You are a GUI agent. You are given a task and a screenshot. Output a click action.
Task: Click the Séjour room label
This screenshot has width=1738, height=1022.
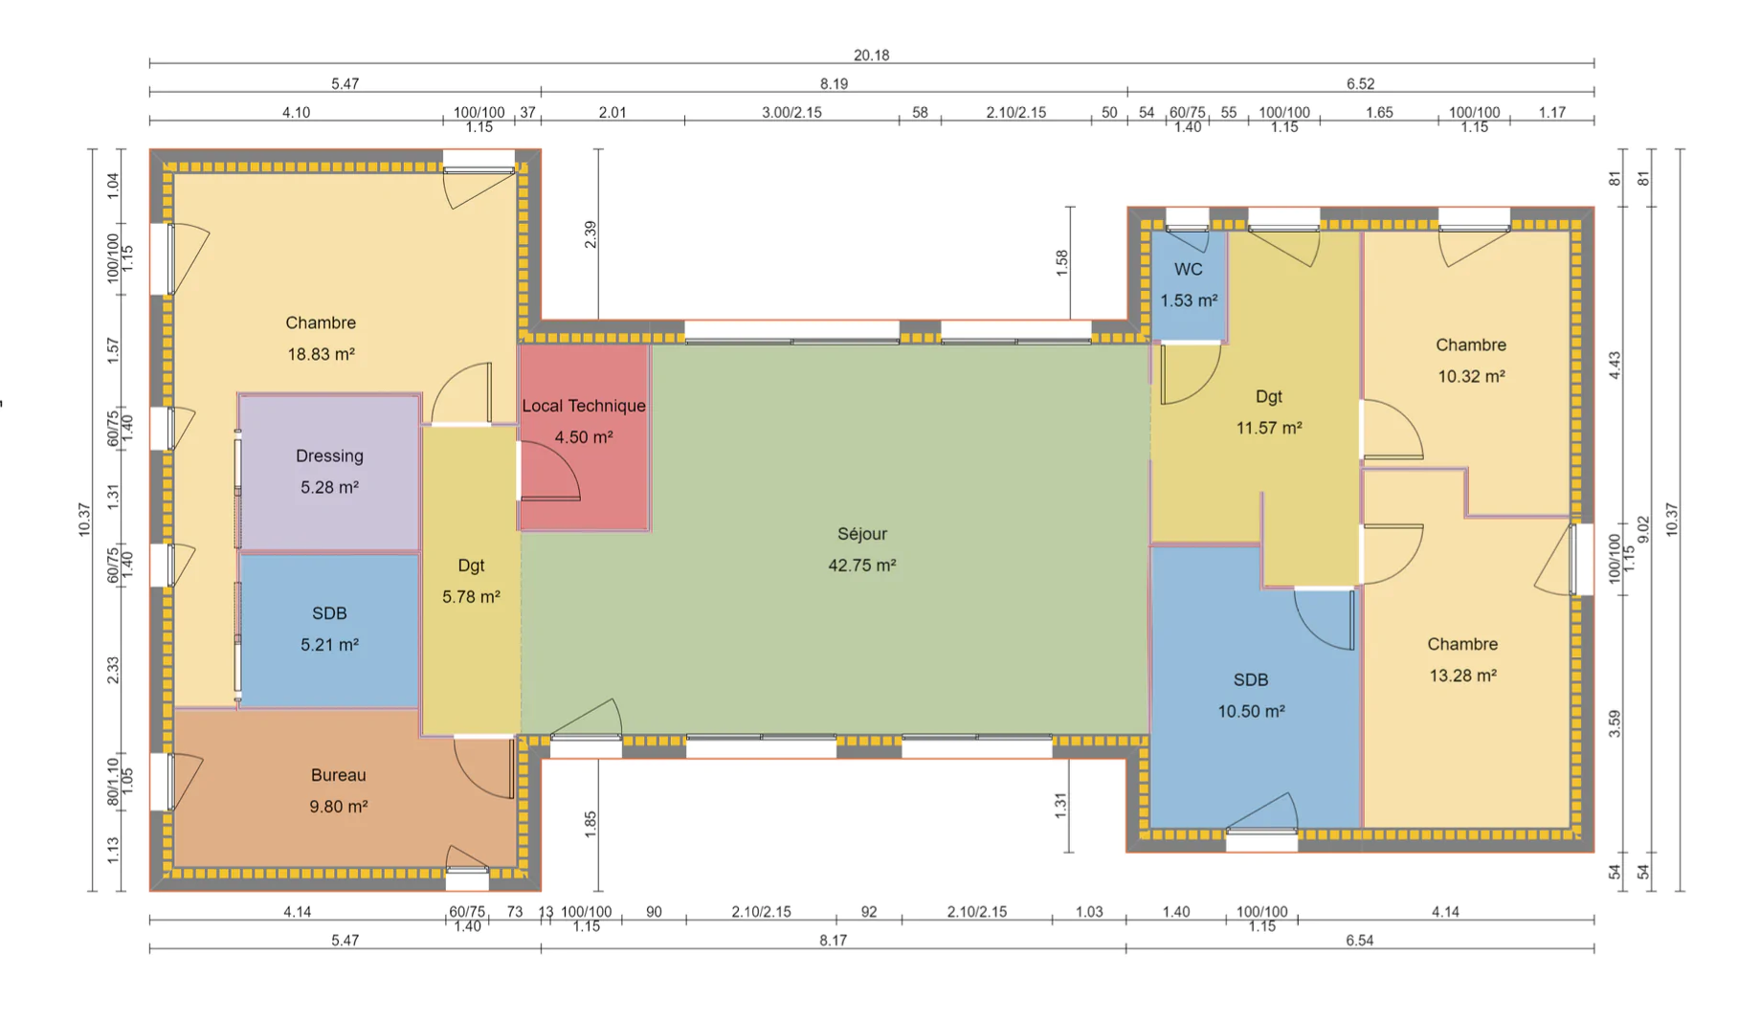862,534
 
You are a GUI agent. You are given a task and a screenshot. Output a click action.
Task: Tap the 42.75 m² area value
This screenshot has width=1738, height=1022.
862,566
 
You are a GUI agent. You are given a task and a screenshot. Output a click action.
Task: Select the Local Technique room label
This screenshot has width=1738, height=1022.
584,406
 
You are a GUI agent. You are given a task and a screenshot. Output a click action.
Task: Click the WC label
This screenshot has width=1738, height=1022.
1189,270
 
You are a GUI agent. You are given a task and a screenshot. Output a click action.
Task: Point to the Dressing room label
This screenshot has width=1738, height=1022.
329,456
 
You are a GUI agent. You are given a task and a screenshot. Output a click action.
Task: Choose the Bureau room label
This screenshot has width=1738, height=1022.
338,775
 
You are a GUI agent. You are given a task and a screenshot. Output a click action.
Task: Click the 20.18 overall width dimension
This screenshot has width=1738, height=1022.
871,56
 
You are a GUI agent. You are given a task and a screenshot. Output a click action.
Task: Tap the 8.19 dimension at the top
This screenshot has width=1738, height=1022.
834,84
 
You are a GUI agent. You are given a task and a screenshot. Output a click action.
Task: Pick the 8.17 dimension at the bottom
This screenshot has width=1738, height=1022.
833,941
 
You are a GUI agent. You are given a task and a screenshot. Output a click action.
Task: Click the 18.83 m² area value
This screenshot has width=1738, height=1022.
321,354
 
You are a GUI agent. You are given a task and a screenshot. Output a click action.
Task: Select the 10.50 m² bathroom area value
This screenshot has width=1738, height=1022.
1251,711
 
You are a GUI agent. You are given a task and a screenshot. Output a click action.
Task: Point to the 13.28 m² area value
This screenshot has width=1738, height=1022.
1462,676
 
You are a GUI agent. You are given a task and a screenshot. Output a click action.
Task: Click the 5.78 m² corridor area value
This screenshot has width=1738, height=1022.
471,597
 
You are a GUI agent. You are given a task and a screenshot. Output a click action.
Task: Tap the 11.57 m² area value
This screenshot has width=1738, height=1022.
1269,428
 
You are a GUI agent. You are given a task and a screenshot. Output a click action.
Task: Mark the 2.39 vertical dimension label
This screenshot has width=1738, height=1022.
590,234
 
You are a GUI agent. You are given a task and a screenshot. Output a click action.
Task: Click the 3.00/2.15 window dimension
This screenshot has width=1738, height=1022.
791,112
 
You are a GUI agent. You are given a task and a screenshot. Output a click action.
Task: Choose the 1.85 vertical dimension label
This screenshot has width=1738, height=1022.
590,825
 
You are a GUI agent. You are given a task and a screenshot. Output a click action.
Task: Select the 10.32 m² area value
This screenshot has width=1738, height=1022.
1471,377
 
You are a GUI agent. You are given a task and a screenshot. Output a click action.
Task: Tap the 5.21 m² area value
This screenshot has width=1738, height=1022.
329,645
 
